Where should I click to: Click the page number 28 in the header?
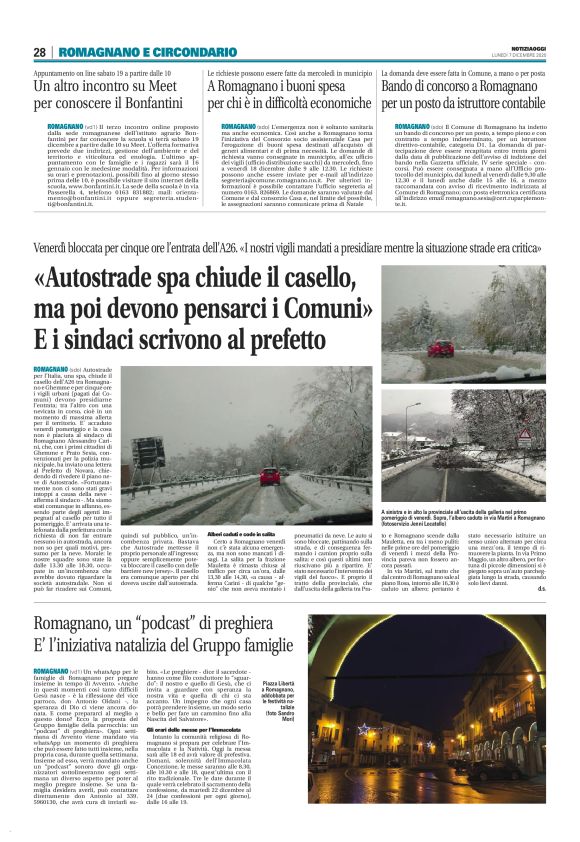(39, 52)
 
